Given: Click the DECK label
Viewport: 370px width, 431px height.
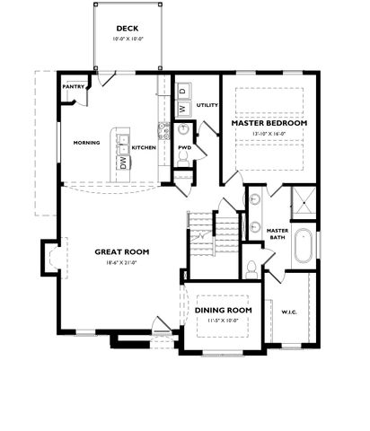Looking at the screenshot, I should [127, 30].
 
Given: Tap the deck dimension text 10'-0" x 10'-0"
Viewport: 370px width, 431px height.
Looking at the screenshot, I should [127, 40].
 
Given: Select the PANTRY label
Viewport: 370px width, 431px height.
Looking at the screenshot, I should [75, 87].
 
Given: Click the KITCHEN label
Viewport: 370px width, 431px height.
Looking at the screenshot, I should [144, 147].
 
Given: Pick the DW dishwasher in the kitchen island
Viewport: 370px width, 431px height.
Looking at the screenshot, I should [123, 162].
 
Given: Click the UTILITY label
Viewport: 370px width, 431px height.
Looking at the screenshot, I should [207, 105].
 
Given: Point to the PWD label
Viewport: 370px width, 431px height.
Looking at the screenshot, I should [184, 147].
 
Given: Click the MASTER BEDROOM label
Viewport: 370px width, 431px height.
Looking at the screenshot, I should [269, 122].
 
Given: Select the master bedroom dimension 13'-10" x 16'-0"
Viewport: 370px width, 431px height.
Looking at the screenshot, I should [269, 135].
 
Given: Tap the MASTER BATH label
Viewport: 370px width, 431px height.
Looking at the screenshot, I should [277, 233].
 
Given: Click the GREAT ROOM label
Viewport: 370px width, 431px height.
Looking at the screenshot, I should [121, 251].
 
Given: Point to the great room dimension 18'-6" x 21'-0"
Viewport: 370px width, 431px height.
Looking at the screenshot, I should [121, 263].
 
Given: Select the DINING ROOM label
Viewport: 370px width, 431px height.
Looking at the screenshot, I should [223, 310].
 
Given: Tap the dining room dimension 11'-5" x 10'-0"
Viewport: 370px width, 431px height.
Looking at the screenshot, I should [223, 321].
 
